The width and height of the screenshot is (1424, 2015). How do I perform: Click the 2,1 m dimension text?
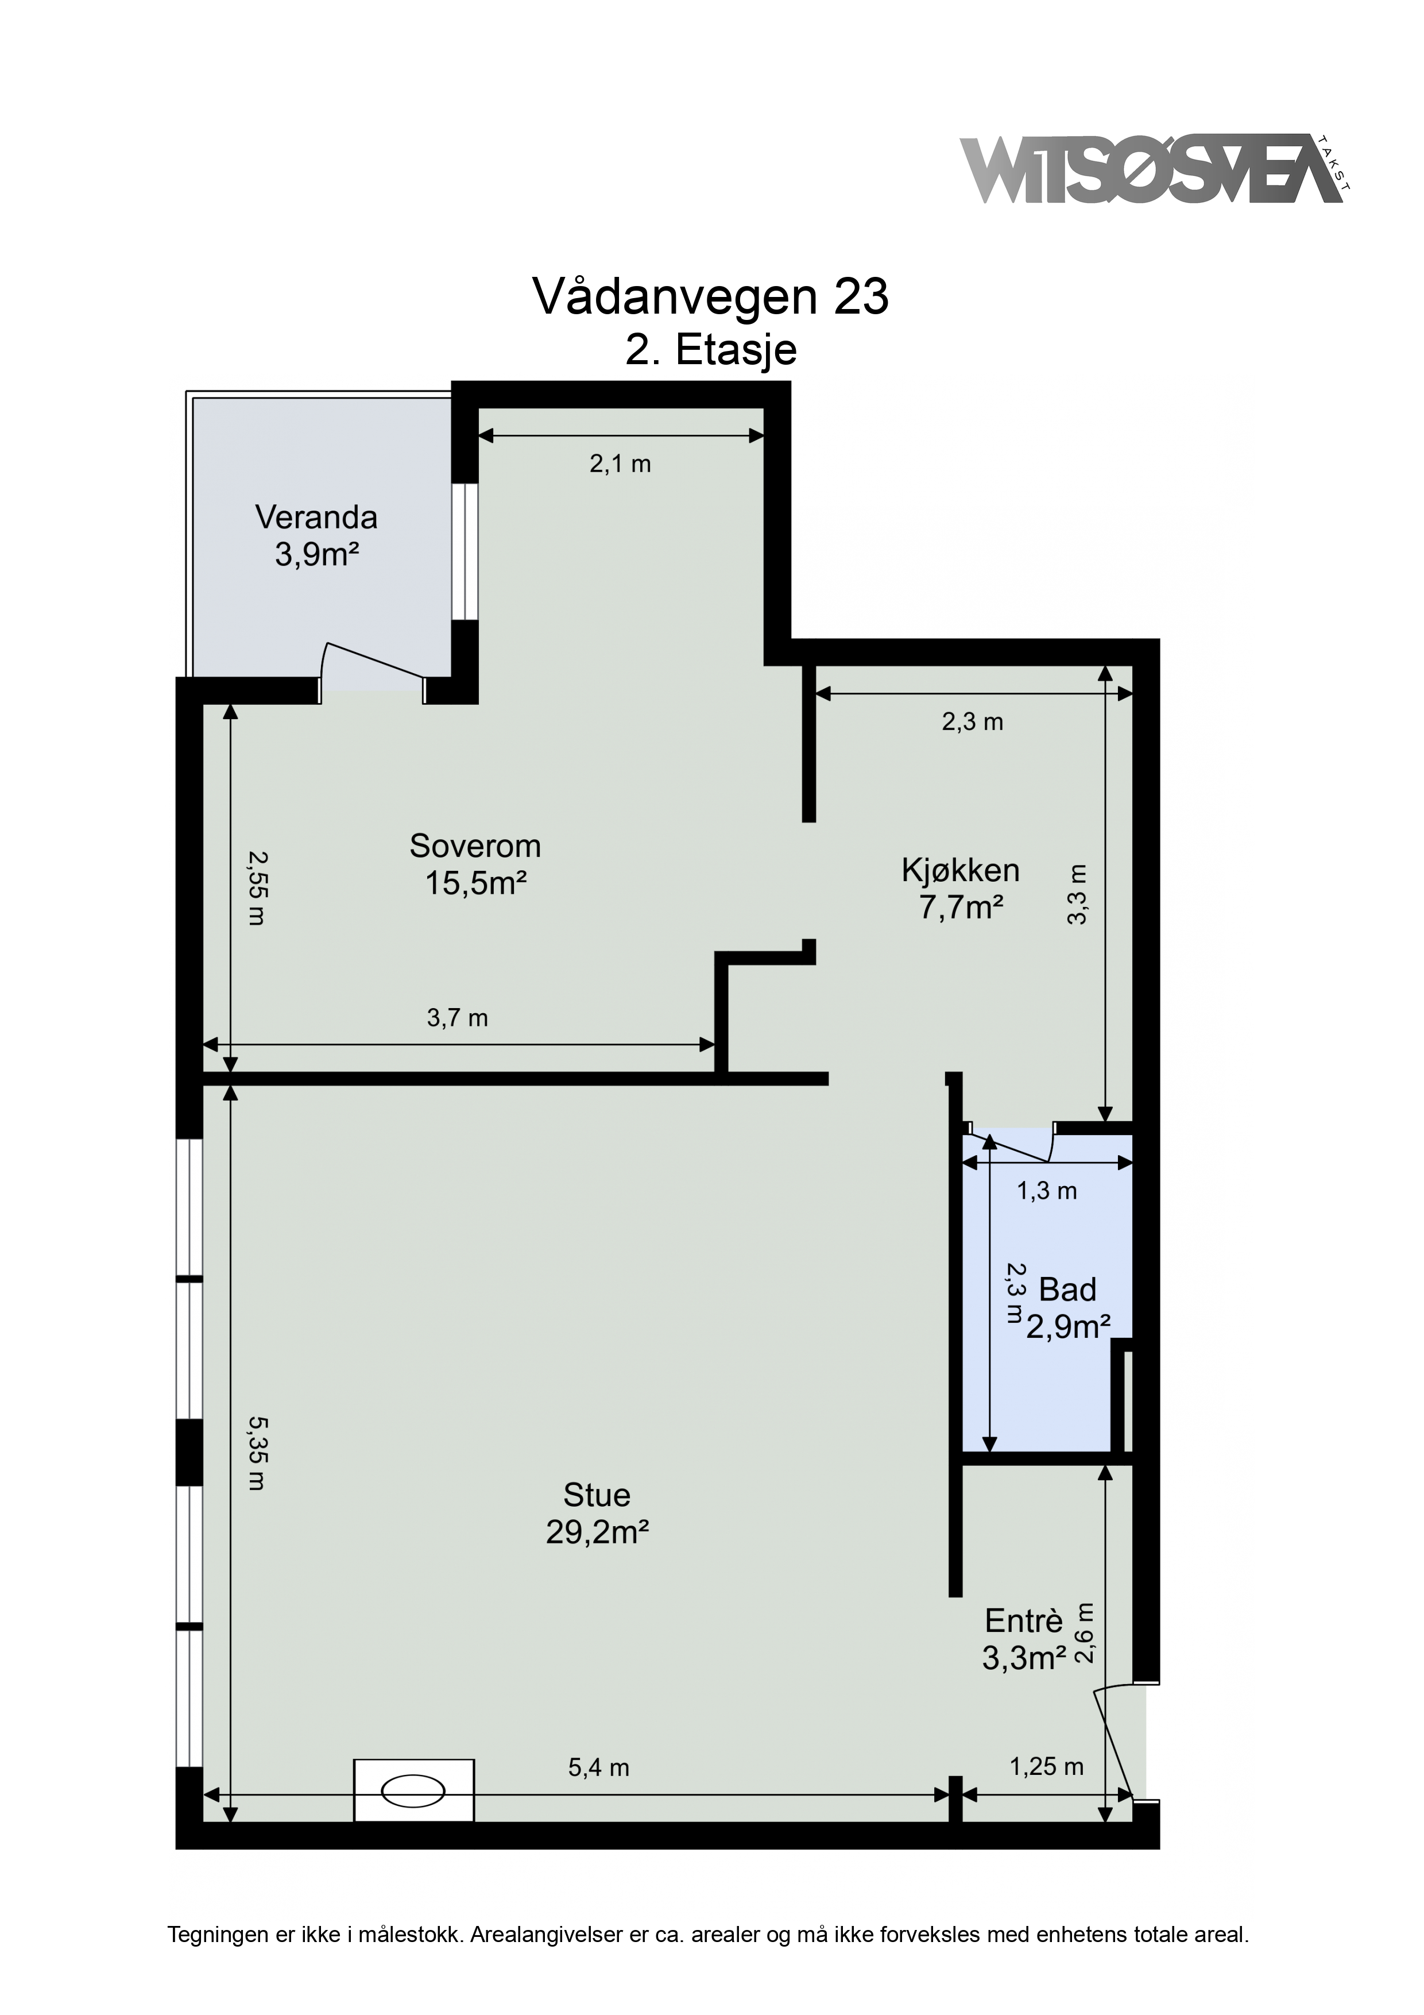click(x=620, y=464)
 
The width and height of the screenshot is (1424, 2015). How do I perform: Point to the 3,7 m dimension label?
click(x=457, y=1018)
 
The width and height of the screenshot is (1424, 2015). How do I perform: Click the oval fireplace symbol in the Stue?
click(x=414, y=1790)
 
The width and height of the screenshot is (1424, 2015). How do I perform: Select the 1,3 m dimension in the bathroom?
click(x=1046, y=1191)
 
